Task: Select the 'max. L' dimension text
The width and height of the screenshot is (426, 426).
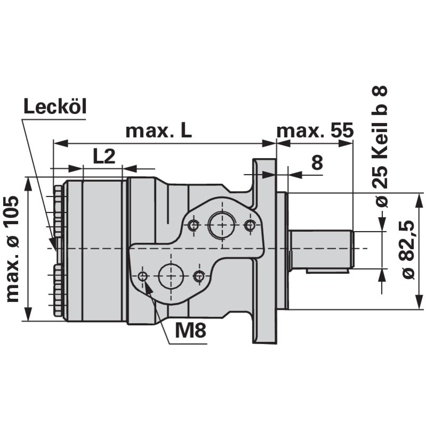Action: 158,131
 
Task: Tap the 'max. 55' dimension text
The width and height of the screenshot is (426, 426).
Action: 315,131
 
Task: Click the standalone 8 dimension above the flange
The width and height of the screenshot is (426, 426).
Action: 317,163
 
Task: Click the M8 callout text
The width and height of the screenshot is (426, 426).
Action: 190,331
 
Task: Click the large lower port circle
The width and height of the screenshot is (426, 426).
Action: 171,276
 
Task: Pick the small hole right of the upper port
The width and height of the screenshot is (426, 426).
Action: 249,225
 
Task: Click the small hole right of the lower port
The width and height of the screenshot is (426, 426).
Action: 199,276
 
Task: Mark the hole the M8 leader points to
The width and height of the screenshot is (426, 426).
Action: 142,276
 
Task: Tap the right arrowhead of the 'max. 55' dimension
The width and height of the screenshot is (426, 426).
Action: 349,143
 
